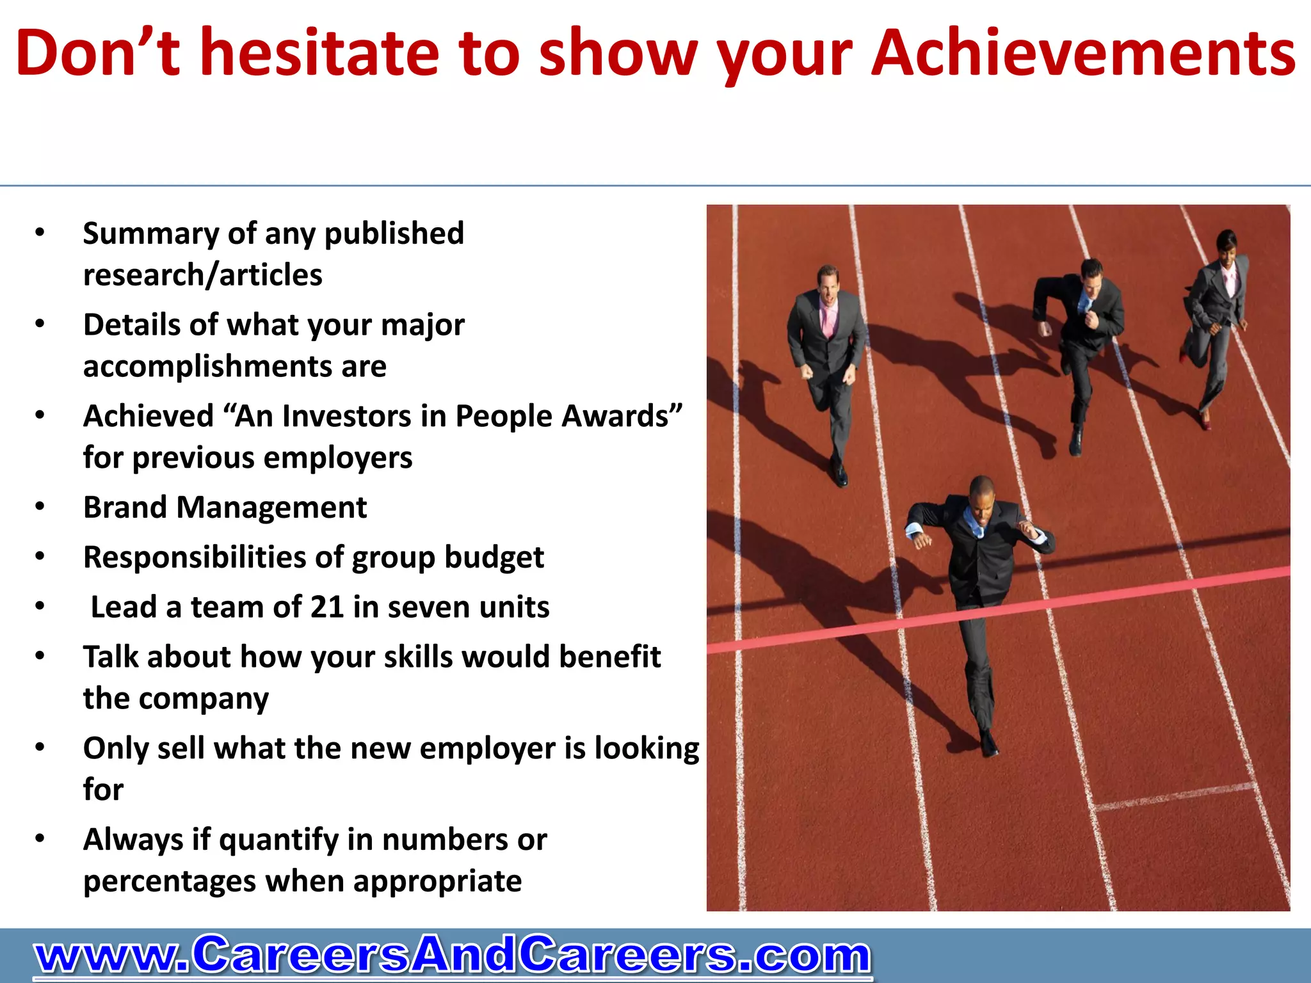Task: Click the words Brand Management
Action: point(225,507)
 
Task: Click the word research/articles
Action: point(202,275)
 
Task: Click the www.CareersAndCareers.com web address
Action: point(452,955)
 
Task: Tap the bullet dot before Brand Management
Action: point(40,506)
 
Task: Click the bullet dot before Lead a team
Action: point(40,606)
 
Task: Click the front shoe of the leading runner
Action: point(988,744)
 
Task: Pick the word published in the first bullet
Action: point(394,234)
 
